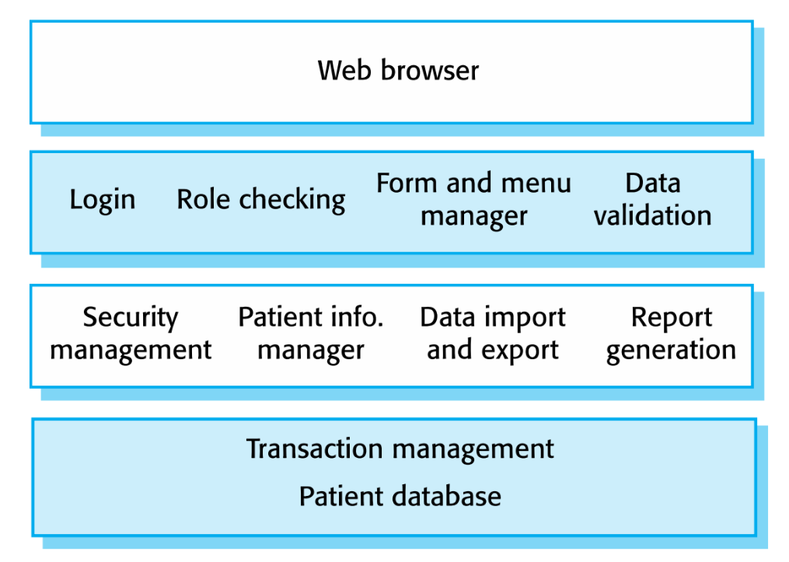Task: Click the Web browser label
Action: click(398, 70)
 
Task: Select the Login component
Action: click(103, 201)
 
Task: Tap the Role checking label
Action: click(261, 201)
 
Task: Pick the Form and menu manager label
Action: click(474, 200)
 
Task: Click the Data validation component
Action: click(653, 199)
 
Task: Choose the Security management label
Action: click(131, 333)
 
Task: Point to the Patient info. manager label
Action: click(311, 333)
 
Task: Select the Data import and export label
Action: click(493, 333)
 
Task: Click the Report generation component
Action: click(672, 333)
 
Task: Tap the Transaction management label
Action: click(400, 449)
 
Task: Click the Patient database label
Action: click(400, 496)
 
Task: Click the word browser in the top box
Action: click(430, 70)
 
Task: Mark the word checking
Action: click(292, 201)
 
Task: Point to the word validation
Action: click(653, 215)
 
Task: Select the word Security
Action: click(131, 318)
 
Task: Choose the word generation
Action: click(672, 350)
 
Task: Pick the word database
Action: click(447, 496)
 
